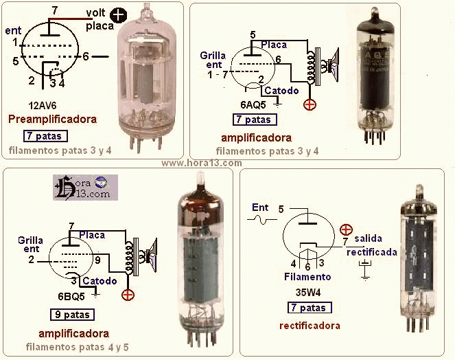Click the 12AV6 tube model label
(43, 105)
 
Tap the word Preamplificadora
(52, 119)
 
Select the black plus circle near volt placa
(119, 16)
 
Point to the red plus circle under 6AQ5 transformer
(310, 104)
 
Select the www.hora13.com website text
(201, 164)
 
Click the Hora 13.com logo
(85, 187)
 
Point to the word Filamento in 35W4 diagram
(307, 277)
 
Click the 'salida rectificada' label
(371, 245)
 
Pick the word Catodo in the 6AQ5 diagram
(281, 90)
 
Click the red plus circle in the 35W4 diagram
(347, 229)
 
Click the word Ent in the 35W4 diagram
(260, 207)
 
